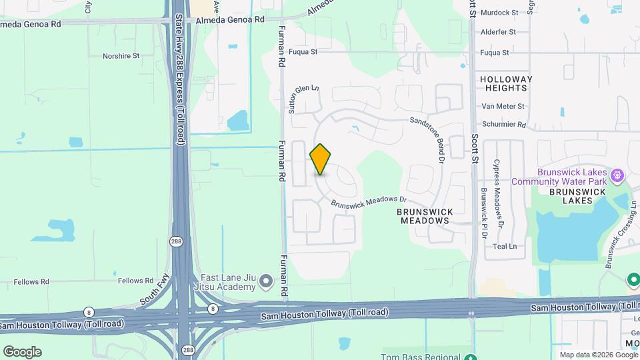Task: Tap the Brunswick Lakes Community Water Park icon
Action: (x=618, y=175)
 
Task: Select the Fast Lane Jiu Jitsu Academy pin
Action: (x=267, y=282)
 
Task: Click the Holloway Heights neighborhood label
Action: (x=507, y=83)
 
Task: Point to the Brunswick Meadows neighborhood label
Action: (x=425, y=216)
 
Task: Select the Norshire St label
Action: (x=121, y=56)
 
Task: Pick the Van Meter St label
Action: (x=503, y=106)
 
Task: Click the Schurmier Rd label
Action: (x=505, y=125)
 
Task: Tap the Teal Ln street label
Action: (x=505, y=246)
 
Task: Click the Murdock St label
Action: (x=499, y=13)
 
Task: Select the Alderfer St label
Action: (x=498, y=31)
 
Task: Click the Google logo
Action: (x=22, y=352)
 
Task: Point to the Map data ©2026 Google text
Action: (x=599, y=355)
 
